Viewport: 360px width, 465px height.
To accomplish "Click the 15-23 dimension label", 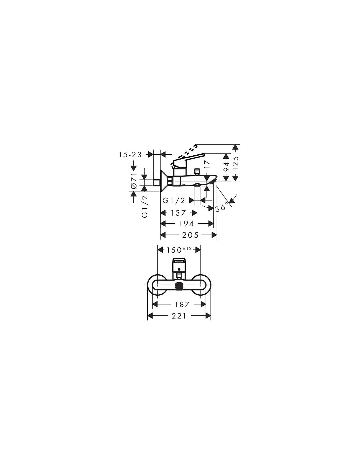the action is coord(130,154).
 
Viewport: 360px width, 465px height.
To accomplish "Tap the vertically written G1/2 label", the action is coord(145,206).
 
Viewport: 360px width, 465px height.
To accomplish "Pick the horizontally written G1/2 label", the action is coord(174,200).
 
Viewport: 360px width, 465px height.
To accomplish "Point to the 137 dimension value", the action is coord(178,213).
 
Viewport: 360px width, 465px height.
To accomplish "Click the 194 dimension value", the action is coord(187,224).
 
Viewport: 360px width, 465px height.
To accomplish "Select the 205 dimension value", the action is coord(190,235).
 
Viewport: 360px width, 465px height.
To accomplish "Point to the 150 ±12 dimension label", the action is coord(179,250).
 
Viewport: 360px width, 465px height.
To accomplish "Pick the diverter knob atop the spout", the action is coord(196,172).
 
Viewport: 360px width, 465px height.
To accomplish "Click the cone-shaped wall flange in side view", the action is coord(164,181).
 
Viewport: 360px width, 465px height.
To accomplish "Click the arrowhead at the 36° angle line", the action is coord(232,200).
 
